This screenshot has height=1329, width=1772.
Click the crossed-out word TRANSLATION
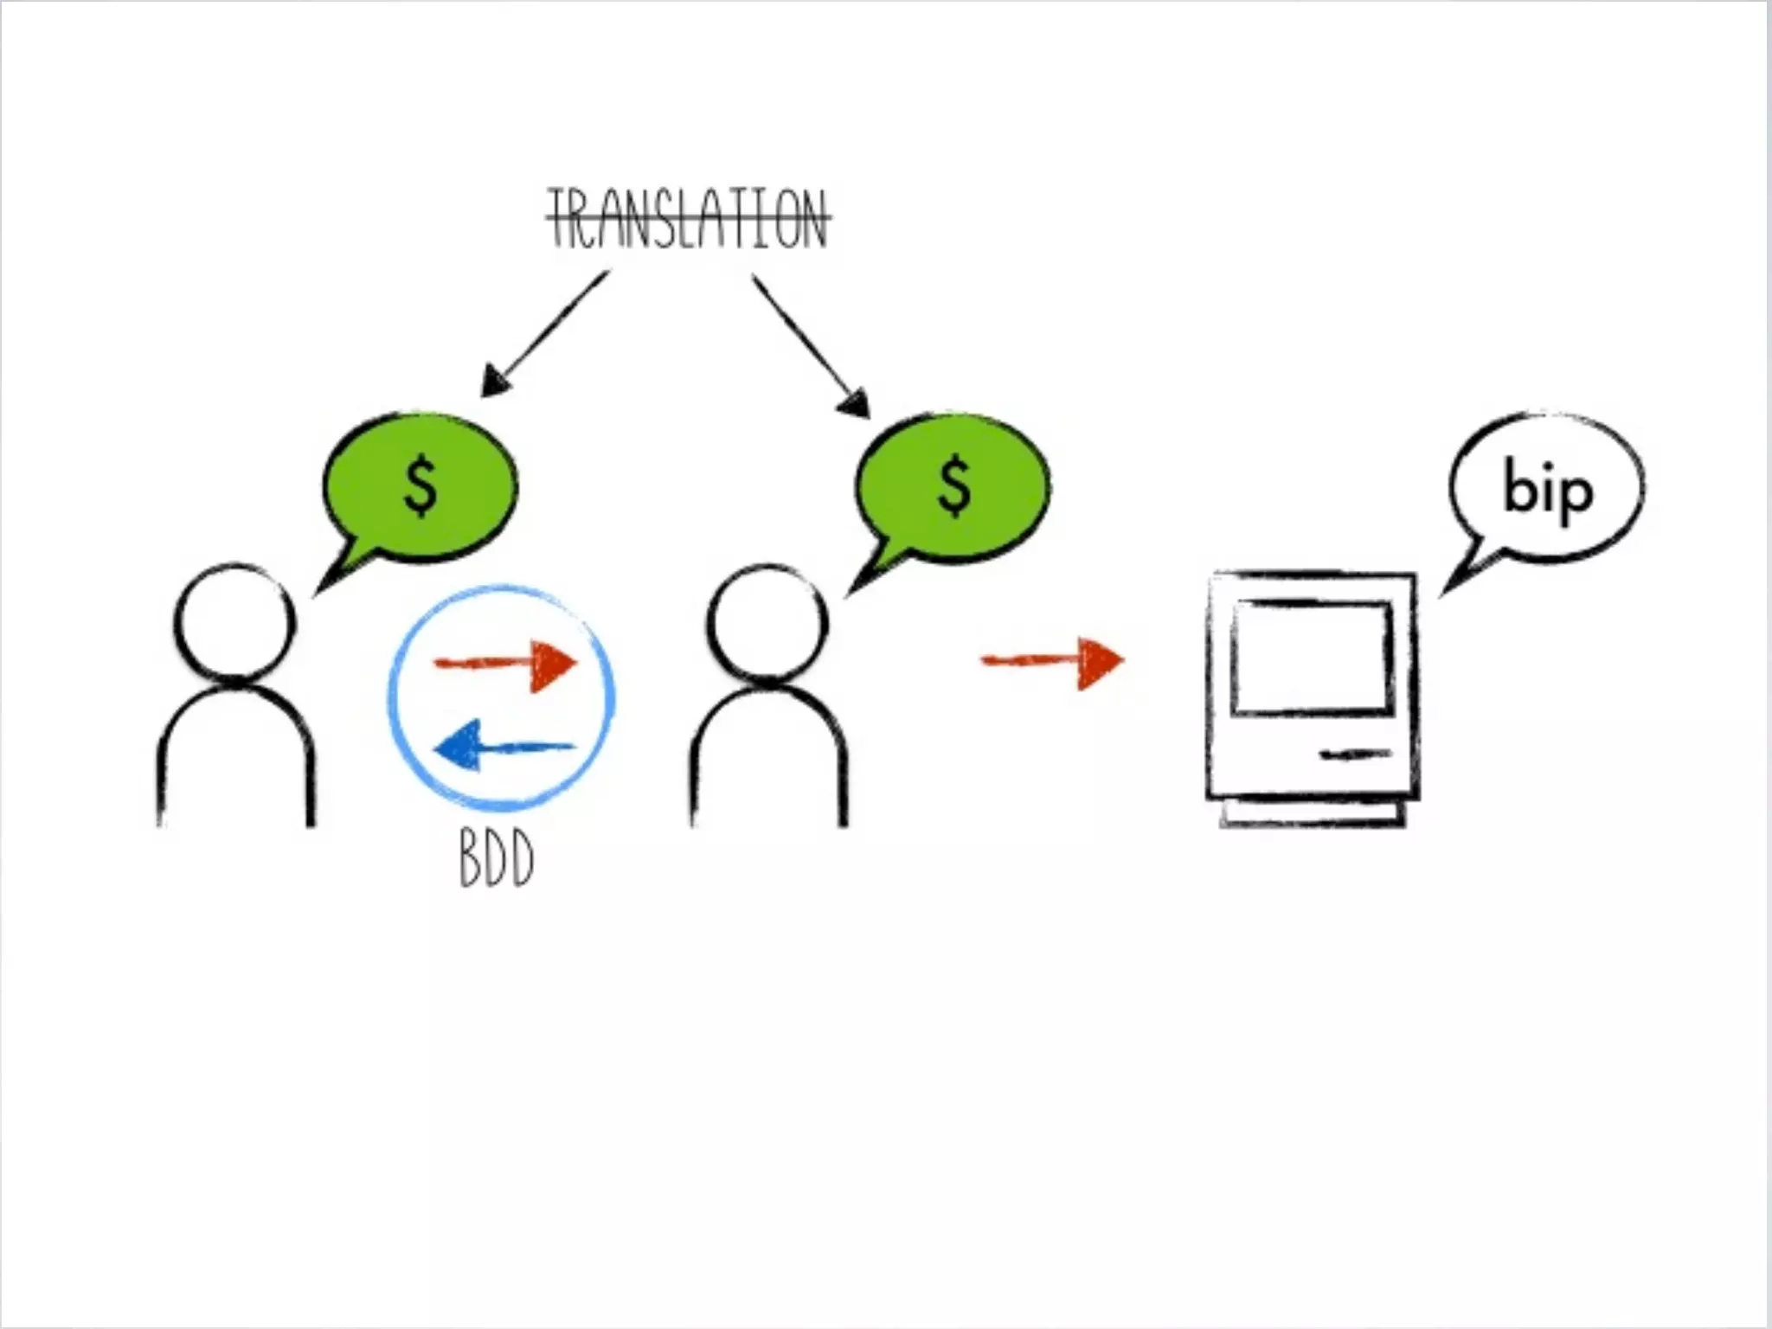click(x=689, y=220)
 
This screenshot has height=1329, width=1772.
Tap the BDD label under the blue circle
click(x=496, y=857)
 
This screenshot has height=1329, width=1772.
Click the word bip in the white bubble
click(x=1548, y=491)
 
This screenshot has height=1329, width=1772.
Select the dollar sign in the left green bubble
click(x=421, y=486)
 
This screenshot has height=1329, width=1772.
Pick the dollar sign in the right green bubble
click(x=954, y=486)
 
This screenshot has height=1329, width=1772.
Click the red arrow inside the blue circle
click(x=505, y=664)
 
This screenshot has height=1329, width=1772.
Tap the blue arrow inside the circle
click(x=502, y=746)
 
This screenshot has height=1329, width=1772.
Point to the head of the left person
click(x=235, y=621)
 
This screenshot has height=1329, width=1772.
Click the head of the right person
click(x=767, y=621)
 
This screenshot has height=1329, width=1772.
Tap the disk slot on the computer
click(x=1354, y=755)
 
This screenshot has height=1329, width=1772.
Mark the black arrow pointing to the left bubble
click(x=545, y=333)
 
